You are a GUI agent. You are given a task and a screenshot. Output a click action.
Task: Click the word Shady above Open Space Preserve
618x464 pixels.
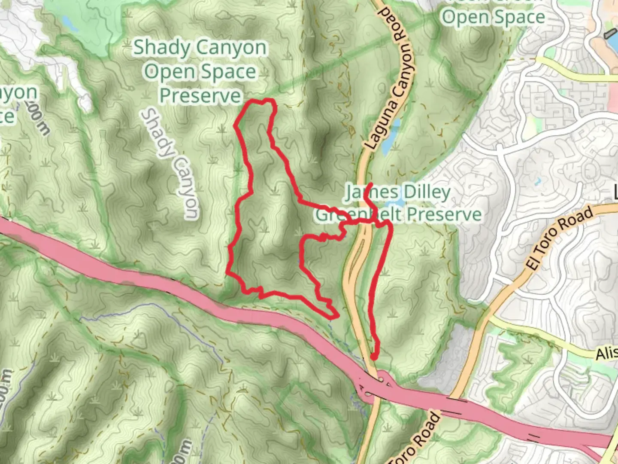(x=159, y=48)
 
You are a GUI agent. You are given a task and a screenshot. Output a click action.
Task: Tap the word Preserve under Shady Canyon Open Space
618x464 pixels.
(x=200, y=95)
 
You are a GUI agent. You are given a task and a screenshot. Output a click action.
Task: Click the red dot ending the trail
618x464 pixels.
(x=374, y=356)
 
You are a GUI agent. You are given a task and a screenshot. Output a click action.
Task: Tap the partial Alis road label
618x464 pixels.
(x=606, y=353)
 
